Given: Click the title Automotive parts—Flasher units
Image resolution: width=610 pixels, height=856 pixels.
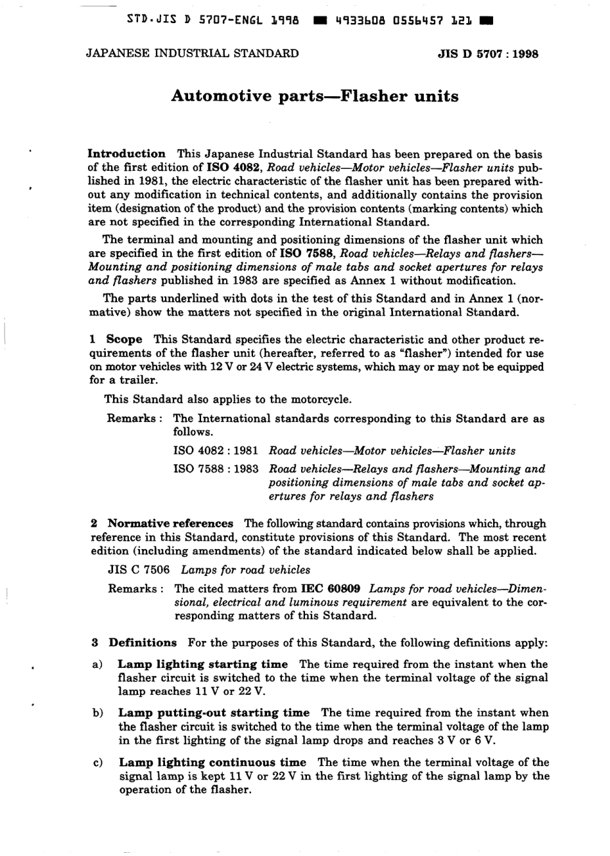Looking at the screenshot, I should tap(315, 97).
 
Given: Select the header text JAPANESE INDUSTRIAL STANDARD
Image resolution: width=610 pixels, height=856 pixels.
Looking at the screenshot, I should tap(192, 53).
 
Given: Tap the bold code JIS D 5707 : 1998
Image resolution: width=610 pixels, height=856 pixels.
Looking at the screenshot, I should tap(487, 54).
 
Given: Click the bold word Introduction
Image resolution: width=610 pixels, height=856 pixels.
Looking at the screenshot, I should tap(126, 154).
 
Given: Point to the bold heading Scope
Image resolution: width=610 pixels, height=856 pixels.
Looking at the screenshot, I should tap(124, 340).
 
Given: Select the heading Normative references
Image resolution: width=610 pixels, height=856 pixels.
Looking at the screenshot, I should tap(170, 523).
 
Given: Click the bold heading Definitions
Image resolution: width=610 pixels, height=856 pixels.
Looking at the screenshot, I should tap(143, 643).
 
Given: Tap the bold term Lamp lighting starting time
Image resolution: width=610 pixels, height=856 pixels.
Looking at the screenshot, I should tap(203, 664).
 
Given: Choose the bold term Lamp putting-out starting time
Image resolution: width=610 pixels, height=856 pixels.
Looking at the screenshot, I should tap(214, 713).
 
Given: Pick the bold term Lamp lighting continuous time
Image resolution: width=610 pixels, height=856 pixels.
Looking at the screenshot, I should tap(213, 762).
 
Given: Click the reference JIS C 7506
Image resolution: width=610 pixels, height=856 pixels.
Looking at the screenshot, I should tap(139, 570).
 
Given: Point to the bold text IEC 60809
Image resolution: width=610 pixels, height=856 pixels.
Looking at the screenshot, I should tap(330, 588).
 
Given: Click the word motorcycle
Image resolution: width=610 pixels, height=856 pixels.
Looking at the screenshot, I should tap(320, 399).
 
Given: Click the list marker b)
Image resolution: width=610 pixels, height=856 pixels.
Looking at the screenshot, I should tap(98, 713).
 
